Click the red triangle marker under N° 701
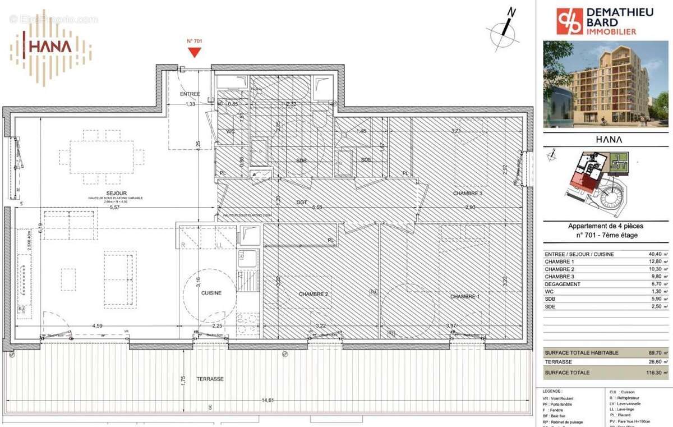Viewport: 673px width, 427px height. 194,52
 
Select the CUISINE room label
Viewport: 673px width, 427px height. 211,293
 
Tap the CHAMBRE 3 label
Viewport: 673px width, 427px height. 468,193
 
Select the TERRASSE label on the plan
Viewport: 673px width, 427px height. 210,379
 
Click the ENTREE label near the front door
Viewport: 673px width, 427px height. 190,94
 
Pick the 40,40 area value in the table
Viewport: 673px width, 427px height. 654,254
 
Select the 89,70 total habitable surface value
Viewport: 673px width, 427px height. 654,352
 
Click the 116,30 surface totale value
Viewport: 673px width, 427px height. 653,373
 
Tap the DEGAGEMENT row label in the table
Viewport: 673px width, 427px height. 563,284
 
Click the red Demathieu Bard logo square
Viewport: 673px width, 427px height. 569,21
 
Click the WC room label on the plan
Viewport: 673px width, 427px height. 230,131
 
